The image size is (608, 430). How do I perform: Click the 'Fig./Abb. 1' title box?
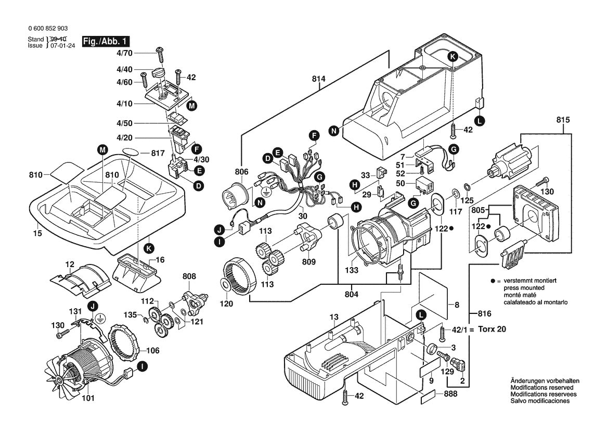(x=106, y=42)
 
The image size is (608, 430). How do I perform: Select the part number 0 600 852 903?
(x=48, y=28)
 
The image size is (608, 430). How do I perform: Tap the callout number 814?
(x=318, y=79)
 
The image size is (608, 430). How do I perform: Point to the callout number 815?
(x=563, y=120)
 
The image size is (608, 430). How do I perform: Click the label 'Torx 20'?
(x=492, y=329)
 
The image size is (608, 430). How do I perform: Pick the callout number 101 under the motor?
(x=88, y=398)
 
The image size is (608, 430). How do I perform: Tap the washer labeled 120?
(x=225, y=285)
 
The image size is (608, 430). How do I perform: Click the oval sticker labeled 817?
(x=130, y=151)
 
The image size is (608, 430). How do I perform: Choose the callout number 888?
(x=450, y=394)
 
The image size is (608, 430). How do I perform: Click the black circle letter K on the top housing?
(x=452, y=57)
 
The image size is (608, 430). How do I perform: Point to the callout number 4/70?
(x=124, y=53)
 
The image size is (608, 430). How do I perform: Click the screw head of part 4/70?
(x=159, y=49)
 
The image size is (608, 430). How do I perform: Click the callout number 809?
(x=308, y=261)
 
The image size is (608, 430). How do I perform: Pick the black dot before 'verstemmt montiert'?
(x=493, y=281)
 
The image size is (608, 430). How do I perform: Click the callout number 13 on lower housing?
(x=334, y=317)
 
